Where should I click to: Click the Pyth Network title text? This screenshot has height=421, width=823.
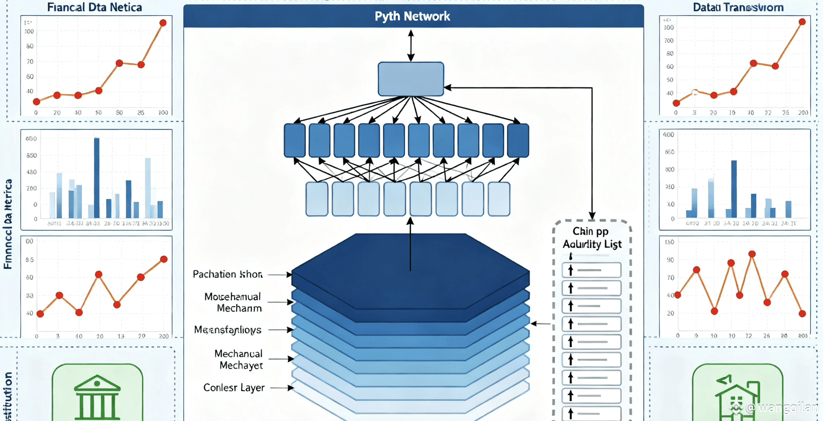(x=412, y=16)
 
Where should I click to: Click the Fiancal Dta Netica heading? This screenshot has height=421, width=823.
(x=94, y=7)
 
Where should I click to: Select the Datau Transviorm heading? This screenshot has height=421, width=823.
(x=738, y=7)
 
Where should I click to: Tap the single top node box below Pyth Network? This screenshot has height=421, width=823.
(x=411, y=79)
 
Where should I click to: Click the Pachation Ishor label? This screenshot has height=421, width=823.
(x=227, y=275)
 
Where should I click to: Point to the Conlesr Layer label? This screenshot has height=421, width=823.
(x=234, y=388)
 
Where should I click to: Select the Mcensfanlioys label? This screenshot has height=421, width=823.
(x=227, y=330)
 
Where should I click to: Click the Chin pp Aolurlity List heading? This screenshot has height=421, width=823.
(x=591, y=238)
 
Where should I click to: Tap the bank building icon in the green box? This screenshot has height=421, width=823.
(x=97, y=397)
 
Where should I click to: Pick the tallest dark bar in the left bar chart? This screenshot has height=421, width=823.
(x=96, y=178)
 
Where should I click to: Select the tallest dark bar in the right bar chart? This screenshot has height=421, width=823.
(x=734, y=189)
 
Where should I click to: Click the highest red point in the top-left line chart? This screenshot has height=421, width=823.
(x=163, y=23)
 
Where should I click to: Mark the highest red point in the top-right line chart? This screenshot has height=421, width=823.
(x=802, y=22)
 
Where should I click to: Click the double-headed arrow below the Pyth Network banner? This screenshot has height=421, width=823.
(x=411, y=45)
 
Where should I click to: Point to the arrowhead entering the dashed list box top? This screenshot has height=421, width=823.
(x=592, y=216)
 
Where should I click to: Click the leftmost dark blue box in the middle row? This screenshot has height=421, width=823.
(x=294, y=140)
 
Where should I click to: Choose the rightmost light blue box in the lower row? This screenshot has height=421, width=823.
(x=499, y=199)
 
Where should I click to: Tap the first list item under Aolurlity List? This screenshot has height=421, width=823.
(x=591, y=270)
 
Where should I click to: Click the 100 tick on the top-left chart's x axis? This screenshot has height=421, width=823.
(x=163, y=112)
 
